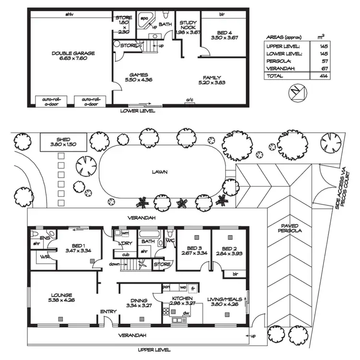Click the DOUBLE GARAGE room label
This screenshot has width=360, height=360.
pos(73,53)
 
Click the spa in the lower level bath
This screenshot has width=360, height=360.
pos(144,20)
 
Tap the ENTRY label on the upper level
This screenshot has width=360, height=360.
pos(108,312)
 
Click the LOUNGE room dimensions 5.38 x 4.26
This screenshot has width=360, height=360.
pos(60,300)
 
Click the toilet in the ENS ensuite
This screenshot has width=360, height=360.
pos(35,233)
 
